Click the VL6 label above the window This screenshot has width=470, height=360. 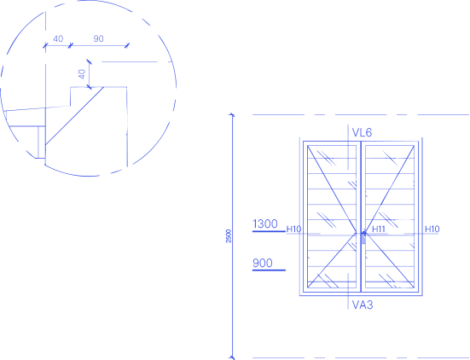[362, 132]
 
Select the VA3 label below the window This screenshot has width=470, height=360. [363, 305]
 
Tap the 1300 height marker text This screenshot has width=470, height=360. [265, 224]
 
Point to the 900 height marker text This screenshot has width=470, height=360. [263, 264]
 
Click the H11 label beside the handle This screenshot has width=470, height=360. [378, 229]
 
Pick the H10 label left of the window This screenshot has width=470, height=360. [293, 229]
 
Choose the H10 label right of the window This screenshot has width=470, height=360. [432, 229]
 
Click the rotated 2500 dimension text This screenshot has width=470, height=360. [229, 236]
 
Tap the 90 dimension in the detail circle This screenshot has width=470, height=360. [98, 38]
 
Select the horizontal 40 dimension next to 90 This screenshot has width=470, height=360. [58, 38]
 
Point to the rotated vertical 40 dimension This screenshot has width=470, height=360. [82, 74]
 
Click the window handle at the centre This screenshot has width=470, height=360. [364, 237]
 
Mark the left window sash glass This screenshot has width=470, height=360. [332, 217]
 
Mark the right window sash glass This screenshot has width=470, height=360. [390, 217]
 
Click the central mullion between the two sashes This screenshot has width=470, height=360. [361, 217]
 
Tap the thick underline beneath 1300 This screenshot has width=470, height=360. [269, 231]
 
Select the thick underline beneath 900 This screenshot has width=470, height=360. [269, 270]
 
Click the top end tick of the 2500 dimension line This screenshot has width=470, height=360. [232, 114]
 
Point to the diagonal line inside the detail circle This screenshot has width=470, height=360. [74, 116]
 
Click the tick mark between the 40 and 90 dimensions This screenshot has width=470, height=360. [70, 45]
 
